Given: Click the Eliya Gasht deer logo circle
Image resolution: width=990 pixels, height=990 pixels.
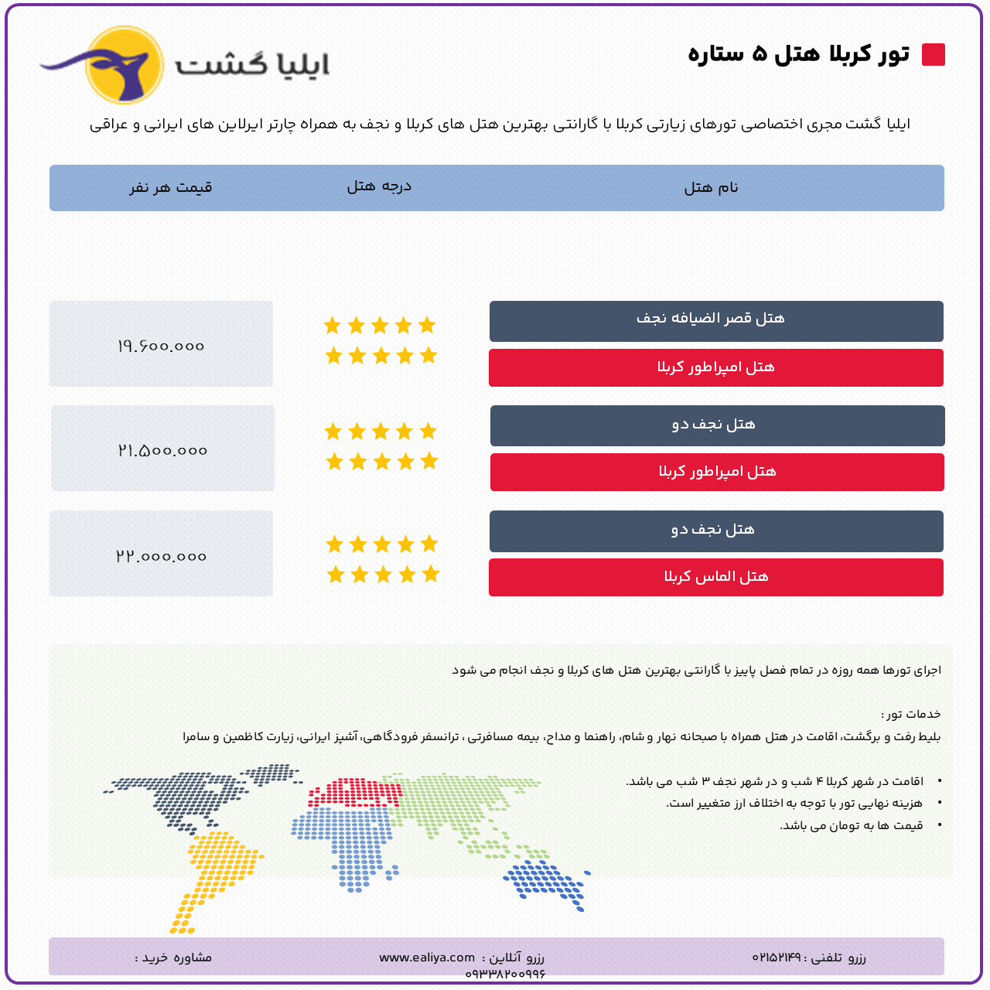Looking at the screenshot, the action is coord(125,65).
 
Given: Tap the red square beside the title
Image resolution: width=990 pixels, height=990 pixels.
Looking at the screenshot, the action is coord(933,54).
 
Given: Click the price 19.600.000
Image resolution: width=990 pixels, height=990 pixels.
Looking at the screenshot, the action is coord(161,346).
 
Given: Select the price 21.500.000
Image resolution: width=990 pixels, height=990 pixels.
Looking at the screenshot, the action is coord(162,451).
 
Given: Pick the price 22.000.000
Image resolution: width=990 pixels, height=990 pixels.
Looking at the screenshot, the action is coord(162,556).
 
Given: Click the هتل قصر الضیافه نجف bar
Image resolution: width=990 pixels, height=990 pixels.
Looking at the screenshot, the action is coord(716,321).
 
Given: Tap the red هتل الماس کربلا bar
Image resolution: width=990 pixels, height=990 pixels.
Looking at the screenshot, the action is coord(716,577).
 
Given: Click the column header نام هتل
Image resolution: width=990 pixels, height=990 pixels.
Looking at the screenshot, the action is coord(711,187).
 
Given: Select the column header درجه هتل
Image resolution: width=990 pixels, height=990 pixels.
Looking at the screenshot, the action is coord(379,186).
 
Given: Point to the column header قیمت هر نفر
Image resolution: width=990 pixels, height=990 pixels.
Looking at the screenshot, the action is coord(171,187).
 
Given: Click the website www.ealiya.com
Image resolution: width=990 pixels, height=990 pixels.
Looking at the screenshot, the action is coord(427,957).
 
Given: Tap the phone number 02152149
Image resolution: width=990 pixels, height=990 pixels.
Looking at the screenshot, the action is coord(777,957).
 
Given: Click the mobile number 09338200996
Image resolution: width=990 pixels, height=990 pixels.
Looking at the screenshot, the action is coord(505,974).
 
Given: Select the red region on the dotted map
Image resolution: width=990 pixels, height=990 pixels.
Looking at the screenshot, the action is coord(354,793).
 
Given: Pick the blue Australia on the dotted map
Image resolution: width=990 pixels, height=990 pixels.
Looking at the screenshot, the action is coord(547,886).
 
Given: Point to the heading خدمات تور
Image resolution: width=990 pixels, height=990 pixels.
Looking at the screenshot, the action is coord(911,714).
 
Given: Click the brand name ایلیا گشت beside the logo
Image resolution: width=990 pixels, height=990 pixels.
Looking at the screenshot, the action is coord(251,66).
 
